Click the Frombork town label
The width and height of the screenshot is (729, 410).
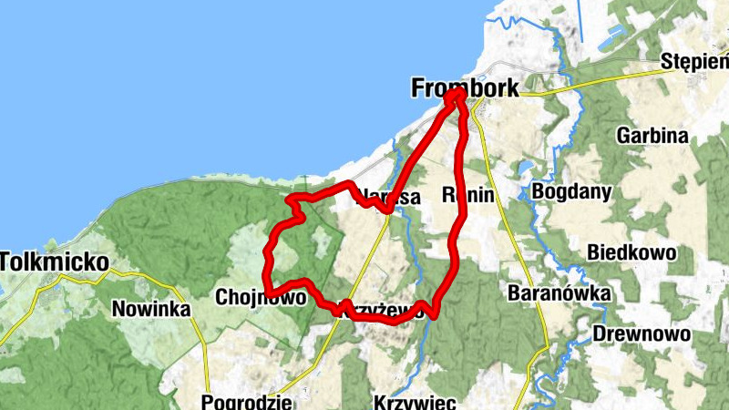coord(465,88)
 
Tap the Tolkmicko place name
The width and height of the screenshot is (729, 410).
coord(54,262)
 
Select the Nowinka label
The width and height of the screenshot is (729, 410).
coord(150,310)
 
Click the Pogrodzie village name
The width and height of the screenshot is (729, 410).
coord(246,402)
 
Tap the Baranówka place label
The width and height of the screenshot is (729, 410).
coord(552,293)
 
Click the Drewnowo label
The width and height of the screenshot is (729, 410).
coord(642,333)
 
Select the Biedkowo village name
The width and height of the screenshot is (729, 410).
coord(631,251)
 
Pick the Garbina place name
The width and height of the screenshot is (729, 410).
coord(652,136)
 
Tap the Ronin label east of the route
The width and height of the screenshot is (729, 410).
coord(467,195)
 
